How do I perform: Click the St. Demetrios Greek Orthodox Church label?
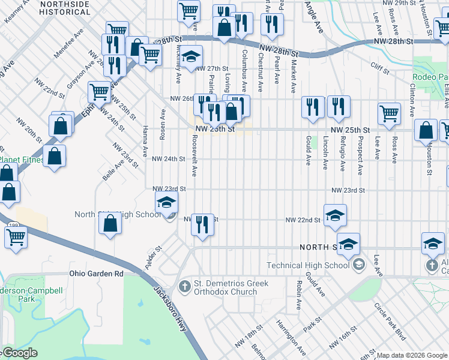click(x=231, y=287)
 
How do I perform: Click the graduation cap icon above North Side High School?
click(x=167, y=203)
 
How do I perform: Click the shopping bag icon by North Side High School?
click(x=111, y=224)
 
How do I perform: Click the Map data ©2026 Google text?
click(x=412, y=355)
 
